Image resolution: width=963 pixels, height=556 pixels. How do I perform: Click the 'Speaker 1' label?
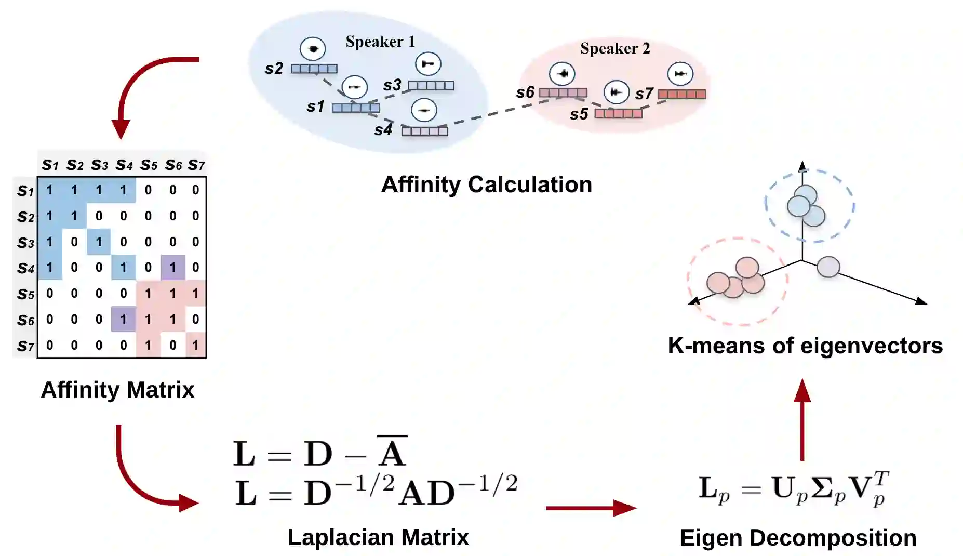[x=380, y=42]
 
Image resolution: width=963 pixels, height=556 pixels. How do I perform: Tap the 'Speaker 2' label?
[x=615, y=48]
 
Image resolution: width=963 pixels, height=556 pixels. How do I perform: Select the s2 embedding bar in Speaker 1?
[x=314, y=69]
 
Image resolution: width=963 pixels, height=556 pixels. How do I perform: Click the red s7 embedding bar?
[x=681, y=94]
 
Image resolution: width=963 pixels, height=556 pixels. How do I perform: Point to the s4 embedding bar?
[x=424, y=131]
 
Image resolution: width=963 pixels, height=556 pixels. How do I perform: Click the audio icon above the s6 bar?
[x=562, y=73]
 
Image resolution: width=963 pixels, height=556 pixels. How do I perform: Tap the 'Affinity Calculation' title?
[x=487, y=184]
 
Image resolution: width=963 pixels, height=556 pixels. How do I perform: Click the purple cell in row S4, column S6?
[x=172, y=267]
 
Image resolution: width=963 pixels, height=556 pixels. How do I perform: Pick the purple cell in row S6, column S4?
[x=123, y=319]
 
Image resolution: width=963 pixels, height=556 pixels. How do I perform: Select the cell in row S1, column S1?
[x=49, y=190]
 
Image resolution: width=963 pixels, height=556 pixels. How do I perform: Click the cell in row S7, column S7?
[x=195, y=345]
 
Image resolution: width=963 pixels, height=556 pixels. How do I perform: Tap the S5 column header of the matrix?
[x=149, y=165]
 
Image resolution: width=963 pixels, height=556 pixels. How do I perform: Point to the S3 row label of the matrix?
[x=25, y=242]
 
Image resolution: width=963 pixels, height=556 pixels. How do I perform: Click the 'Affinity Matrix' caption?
[x=117, y=390]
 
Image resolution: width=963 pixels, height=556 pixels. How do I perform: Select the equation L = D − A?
[x=320, y=453]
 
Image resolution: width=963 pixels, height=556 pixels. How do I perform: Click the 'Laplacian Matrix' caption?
[x=378, y=537]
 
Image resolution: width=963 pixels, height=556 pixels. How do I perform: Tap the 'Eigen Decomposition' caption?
[x=798, y=538]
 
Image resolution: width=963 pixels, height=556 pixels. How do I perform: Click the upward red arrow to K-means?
[x=802, y=418]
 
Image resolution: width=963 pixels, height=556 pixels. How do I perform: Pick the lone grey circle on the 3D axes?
[x=828, y=267]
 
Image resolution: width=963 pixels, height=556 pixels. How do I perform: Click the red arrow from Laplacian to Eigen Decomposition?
[x=591, y=508]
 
